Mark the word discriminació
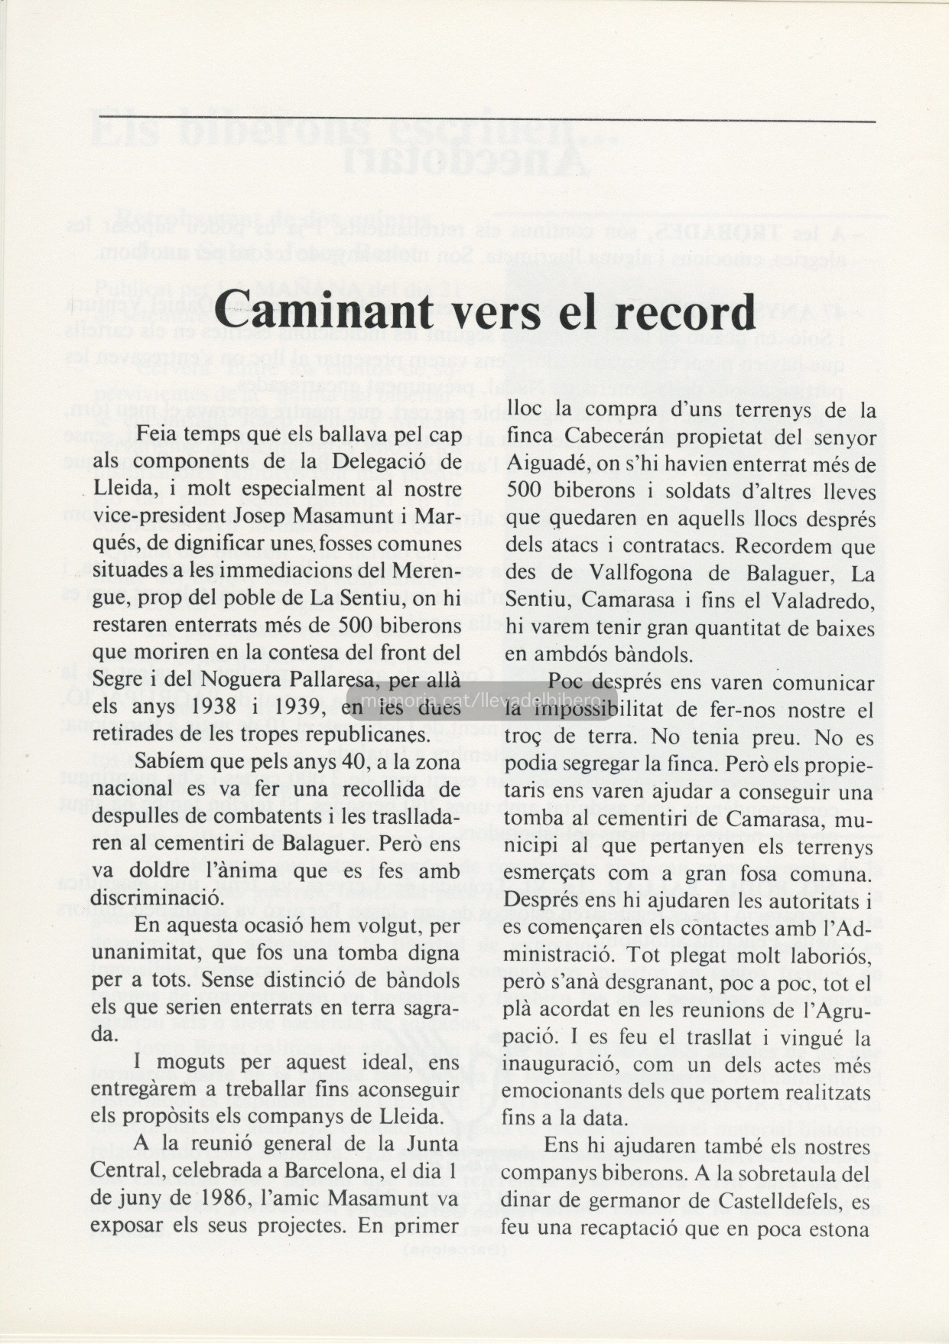pyautogui.click(x=143, y=898)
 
